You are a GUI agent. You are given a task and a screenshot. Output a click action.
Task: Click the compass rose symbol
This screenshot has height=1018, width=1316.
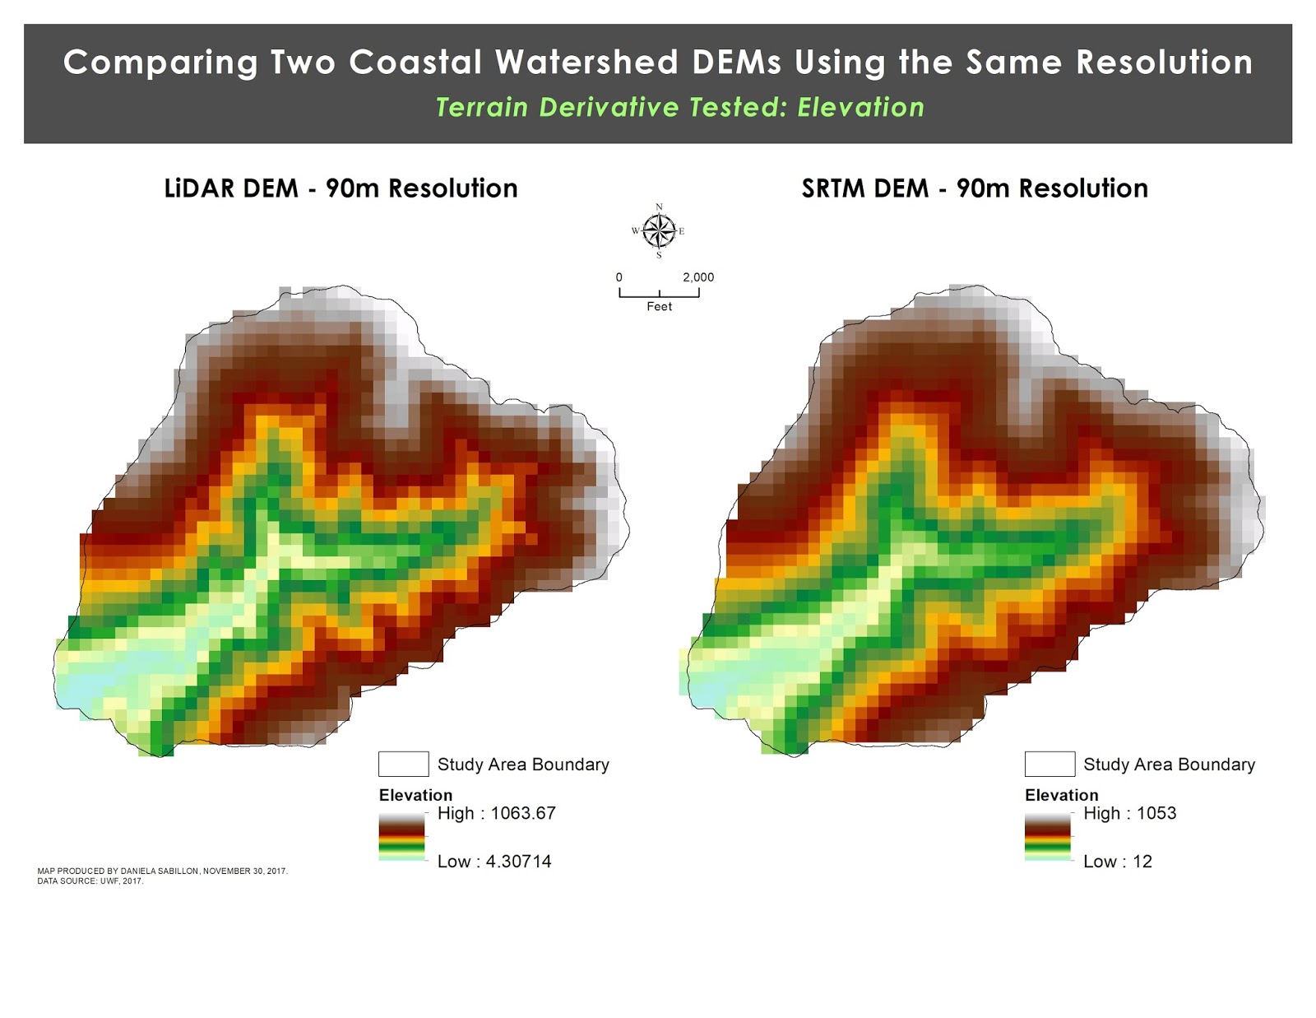pos(658,230)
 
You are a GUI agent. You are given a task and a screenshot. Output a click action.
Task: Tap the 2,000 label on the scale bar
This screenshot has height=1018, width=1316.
pos(698,277)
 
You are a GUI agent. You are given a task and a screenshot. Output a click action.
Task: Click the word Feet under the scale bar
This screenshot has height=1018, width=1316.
pos(659,306)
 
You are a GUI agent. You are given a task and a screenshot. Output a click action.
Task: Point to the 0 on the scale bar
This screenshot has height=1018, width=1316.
pos(619,277)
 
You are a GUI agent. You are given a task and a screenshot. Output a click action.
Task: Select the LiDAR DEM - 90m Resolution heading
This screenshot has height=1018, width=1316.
pos(341,188)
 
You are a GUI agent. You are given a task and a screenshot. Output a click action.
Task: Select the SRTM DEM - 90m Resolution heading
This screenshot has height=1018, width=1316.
pos(975,188)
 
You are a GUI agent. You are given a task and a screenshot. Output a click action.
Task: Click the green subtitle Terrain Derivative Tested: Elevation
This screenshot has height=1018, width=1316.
pos(679,108)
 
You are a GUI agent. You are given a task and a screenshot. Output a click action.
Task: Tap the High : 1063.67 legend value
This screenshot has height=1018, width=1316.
pos(496,813)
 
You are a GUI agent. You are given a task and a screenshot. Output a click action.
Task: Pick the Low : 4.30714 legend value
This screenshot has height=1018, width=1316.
pos(493,862)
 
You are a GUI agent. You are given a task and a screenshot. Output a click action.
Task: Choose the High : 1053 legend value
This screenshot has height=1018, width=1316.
pos(1129,813)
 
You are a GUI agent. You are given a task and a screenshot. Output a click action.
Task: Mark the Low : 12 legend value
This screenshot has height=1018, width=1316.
pos(1117,862)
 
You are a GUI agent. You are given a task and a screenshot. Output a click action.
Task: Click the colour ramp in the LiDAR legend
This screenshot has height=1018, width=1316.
pos(401,837)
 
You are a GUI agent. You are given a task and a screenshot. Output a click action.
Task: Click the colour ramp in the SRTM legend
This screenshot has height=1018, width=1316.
pos(1048,837)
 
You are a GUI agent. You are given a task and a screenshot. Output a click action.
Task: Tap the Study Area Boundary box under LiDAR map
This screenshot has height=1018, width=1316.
pos(403,764)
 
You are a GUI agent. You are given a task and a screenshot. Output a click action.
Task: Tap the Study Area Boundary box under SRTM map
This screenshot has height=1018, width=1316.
pos(1050,764)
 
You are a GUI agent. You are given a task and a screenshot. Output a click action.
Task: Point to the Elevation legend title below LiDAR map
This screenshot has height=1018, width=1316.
pos(415,795)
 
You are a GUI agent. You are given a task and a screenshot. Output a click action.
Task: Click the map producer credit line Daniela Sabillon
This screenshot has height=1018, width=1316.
pos(162,871)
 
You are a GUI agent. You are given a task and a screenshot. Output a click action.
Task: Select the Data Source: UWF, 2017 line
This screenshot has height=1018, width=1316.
pos(90,881)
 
